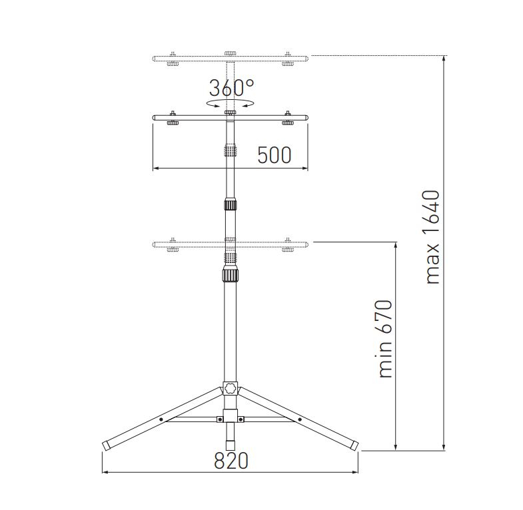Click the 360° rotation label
pos(231,88)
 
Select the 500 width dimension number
pos(274,155)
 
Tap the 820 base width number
pos(231,461)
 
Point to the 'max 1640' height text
pos(432,237)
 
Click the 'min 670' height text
pos(385,339)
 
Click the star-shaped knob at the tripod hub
pos(231,387)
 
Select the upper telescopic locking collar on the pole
pos(231,204)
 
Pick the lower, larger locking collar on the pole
pos(231,275)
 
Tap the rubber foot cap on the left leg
pos(107,445)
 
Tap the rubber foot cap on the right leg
pos(354,445)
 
